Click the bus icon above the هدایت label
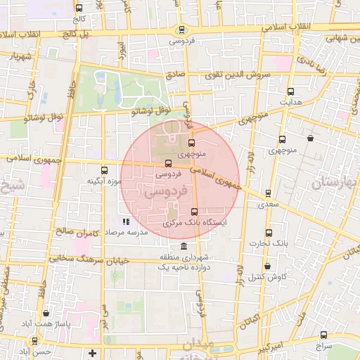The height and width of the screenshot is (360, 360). click(x=291, y=91)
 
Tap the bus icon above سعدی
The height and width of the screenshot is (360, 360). click(x=268, y=193)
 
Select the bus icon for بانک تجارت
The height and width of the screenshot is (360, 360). click(x=268, y=233)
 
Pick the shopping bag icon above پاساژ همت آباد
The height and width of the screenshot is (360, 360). click(x=46, y=314)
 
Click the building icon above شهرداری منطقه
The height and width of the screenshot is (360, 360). click(x=184, y=246)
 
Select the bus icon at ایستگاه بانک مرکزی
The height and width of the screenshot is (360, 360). click(x=194, y=212)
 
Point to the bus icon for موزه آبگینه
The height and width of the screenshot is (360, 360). click(x=105, y=170)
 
